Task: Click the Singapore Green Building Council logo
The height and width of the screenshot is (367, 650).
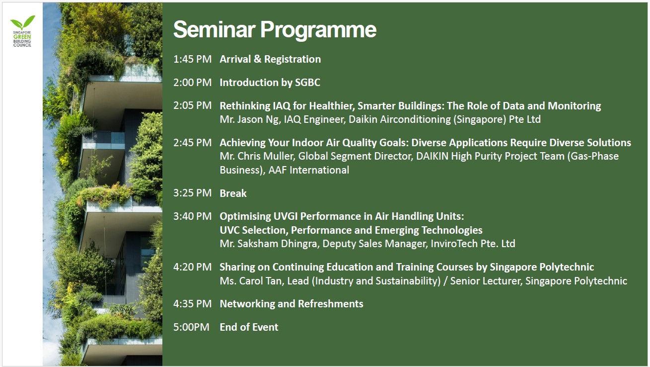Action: [22, 31]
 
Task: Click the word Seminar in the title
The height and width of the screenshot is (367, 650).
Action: [215, 29]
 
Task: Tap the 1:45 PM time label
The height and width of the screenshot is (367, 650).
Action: [192, 59]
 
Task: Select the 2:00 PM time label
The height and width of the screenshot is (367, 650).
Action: [192, 82]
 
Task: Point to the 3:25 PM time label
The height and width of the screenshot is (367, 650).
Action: [192, 193]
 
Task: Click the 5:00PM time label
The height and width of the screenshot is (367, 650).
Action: [191, 327]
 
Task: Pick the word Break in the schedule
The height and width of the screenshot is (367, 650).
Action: [233, 193]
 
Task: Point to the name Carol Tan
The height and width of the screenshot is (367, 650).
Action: [262, 280]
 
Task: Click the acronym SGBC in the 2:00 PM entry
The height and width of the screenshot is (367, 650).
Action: [307, 83]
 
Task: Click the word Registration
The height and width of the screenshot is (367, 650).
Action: [292, 59]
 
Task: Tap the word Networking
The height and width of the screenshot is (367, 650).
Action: [247, 304]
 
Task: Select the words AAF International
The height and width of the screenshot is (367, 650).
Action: [309, 170]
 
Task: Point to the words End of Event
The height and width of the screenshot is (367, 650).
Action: [249, 327]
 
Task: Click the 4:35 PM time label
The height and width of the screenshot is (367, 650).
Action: [192, 304]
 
